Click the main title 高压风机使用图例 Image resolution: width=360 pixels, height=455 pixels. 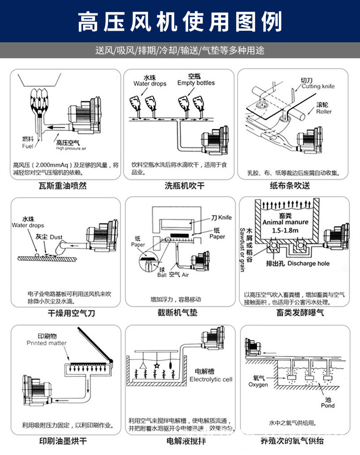click(x=180, y=21)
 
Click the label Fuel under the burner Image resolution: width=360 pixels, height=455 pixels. click(x=27, y=146)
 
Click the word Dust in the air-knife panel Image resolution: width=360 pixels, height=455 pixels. click(x=56, y=237)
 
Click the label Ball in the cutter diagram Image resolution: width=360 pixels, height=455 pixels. click(x=162, y=275)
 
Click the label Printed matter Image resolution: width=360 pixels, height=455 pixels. click(x=47, y=343)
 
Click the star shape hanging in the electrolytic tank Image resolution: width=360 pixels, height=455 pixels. click(x=156, y=366)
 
